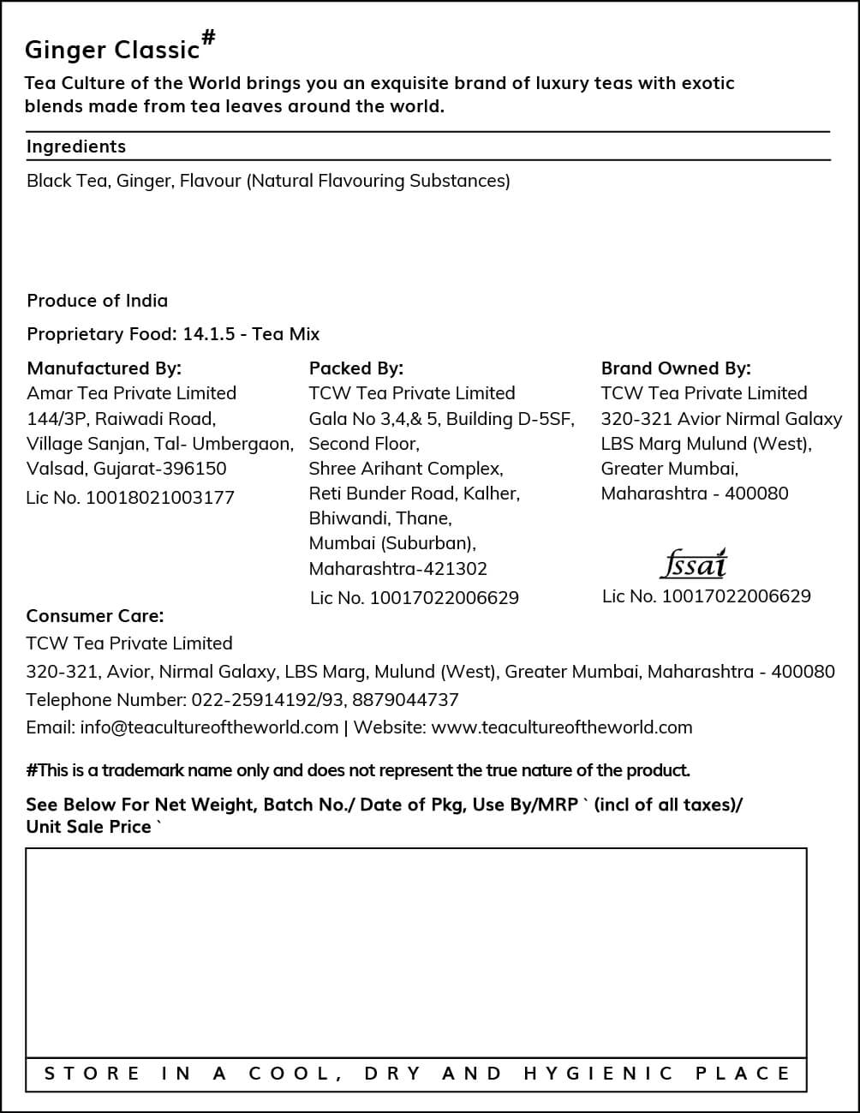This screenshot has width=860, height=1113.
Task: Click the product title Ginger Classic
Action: coord(111,50)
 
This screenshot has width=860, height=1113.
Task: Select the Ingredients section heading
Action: coord(76,147)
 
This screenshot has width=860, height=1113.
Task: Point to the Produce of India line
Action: coord(97,301)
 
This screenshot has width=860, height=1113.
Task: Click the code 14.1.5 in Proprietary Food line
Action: coord(208,334)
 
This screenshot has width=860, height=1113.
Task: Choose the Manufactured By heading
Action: coord(104,368)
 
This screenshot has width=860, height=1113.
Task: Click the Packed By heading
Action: coord(355,368)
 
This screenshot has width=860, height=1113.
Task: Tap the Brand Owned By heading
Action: coord(675,368)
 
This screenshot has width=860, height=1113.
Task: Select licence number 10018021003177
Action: coord(159,498)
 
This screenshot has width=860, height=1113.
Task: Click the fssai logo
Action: coord(694,563)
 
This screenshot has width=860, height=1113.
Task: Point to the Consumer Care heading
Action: coord(94,616)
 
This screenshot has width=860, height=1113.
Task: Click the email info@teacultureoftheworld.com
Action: coord(209,727)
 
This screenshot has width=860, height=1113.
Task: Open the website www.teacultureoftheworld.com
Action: coord(561,727)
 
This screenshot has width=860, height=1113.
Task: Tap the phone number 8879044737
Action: coord(405,700)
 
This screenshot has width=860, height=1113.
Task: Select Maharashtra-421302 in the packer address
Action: coord(397,569)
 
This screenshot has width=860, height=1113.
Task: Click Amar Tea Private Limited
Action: coord(131,393)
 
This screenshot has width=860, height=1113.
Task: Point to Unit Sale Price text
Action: coord(88,827)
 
